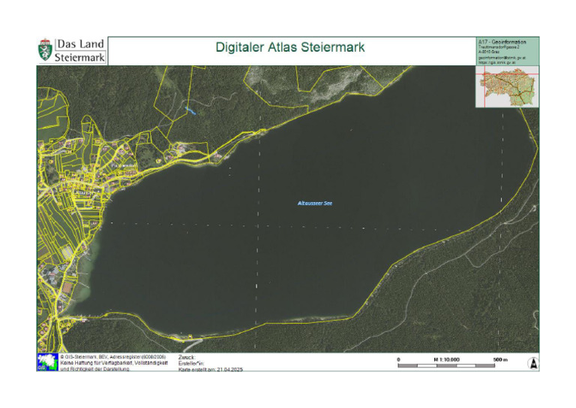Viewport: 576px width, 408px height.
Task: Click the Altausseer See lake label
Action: tap(315, 203)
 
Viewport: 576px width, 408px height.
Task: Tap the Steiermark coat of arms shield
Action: tap(45, 51)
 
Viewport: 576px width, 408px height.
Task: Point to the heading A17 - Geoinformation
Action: tap(502, 41)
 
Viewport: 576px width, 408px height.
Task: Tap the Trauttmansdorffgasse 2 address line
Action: tap(498, 47)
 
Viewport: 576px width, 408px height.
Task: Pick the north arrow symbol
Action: tap(532, 362)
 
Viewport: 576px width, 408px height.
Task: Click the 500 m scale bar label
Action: tap(500, 360)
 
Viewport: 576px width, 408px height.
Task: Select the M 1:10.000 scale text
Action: tap(446, 360)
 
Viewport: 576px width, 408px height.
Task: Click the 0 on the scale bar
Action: tap(398, 360)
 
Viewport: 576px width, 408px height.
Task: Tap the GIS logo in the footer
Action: tap(46, 362)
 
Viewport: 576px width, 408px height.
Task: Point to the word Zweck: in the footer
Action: tap(187, 358)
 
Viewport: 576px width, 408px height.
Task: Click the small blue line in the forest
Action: tap(192, 111)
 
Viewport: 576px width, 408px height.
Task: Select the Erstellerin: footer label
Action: tap(192, 363)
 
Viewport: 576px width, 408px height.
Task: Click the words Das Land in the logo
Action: tap(80, 44)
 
